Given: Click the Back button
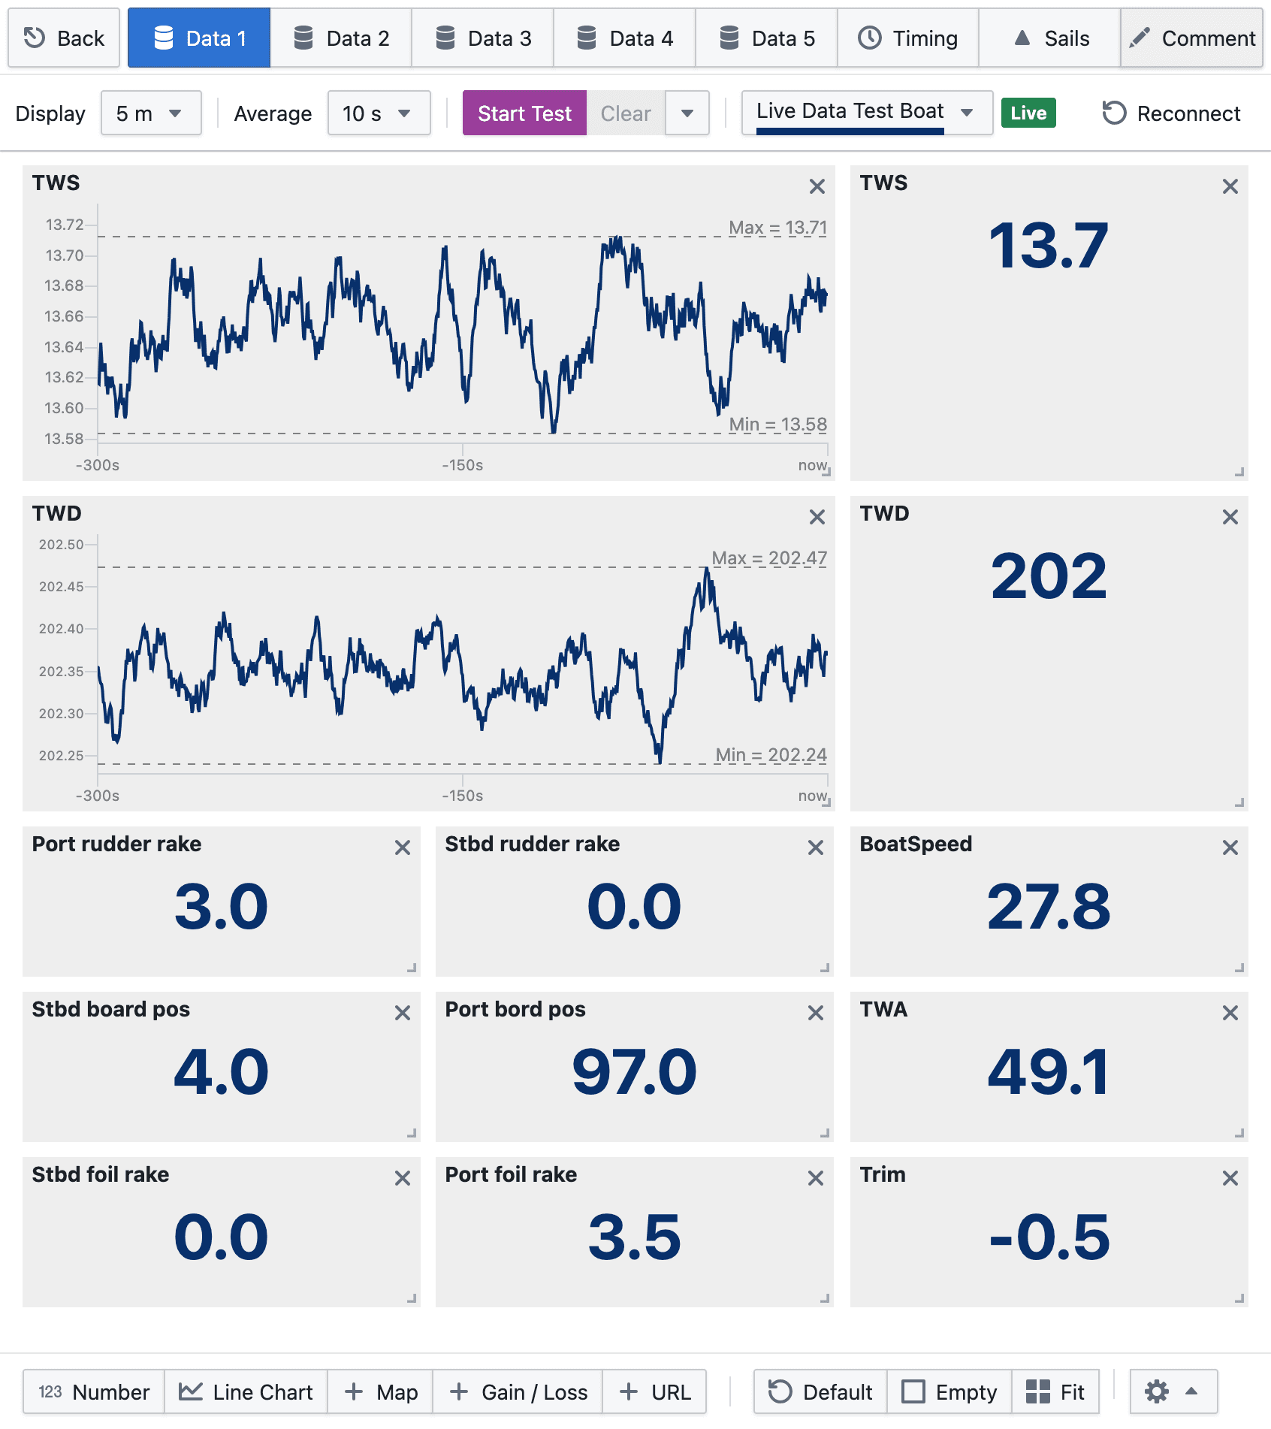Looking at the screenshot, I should click(64, 38).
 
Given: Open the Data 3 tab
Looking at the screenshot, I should click(483, 38).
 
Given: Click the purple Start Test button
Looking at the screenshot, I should click(524, 113).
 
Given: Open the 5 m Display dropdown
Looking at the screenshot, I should click(150, 113).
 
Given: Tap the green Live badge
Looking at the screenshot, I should click(1028, 113).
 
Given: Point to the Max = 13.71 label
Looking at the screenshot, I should click(777, 228).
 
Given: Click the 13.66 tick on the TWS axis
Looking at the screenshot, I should click(65, 316).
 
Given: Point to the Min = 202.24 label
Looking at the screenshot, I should click(771, 755).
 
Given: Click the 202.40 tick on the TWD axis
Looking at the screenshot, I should click(62, 629).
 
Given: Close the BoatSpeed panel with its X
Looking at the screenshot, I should click(1230, 847).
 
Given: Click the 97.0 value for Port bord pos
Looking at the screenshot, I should click(634, 1072).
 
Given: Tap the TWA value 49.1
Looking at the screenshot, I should click(1049, 1072).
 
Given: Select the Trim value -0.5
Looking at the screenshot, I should click(1049, 1237).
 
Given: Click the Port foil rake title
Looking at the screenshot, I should click(511, 1174).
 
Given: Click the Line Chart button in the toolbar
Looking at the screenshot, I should click(246, 1392).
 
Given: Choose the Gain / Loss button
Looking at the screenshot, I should click(518, 1392).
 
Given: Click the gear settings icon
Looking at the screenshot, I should click(1157, 1392).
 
